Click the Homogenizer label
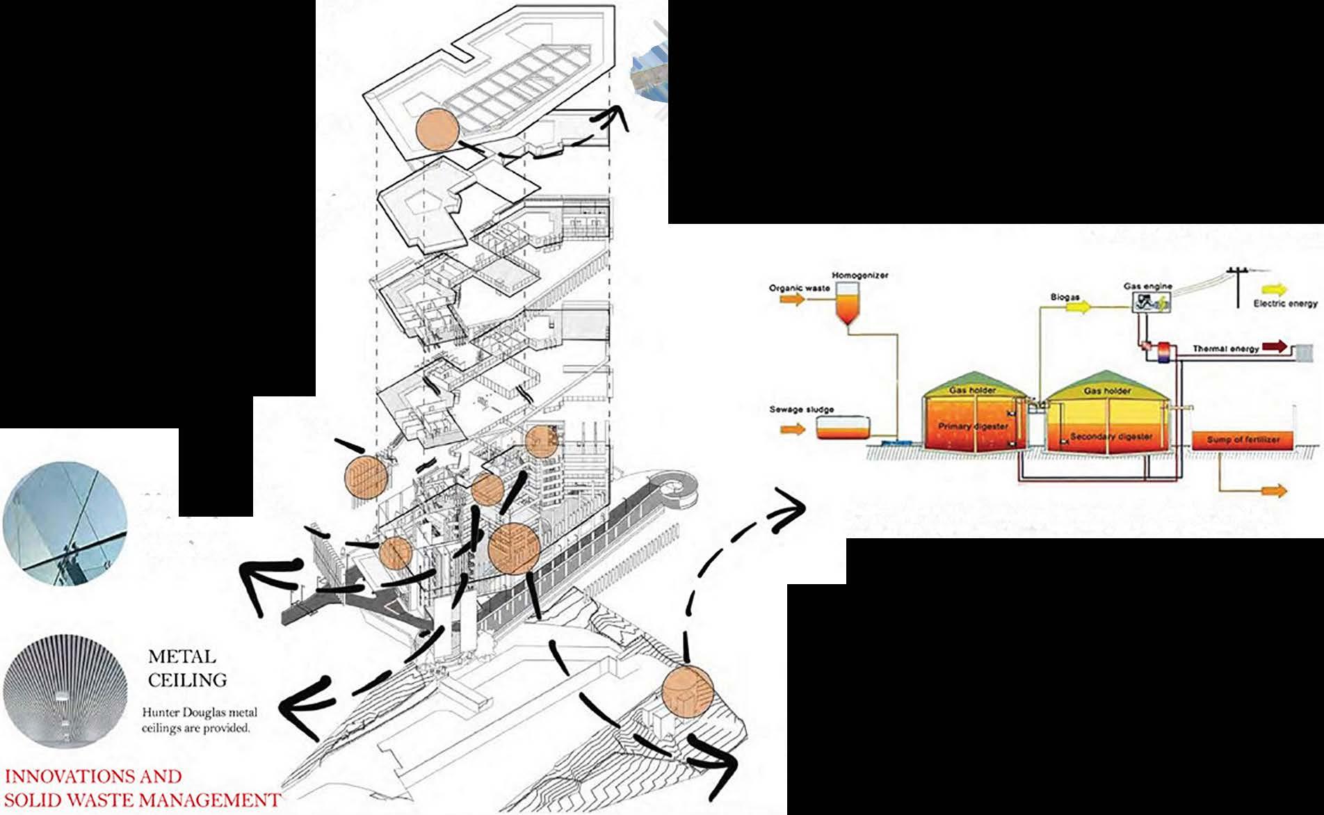[860, 275]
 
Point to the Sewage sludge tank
[842, 428]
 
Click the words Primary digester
[973, 426]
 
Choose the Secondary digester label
[1111, 437]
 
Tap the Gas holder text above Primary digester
[972, 390]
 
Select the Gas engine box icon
[1151, 300]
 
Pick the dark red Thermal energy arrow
[1275, 346]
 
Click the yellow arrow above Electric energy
[1274, 290]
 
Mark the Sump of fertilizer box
[1243, 440]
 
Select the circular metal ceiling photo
[65, 691]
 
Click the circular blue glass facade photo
[65, 526]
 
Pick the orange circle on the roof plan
[437, 130]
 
